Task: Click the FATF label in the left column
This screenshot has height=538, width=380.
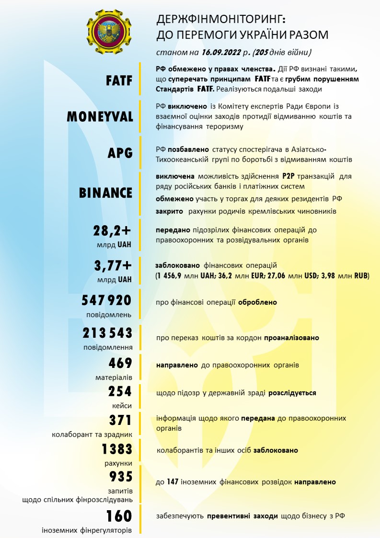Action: pyautogui.click(x=119, y=80)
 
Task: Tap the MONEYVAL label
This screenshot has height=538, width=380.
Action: pyautogui.click(x=100, y=116)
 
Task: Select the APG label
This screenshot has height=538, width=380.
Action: pyautogui.click(x=120, y=152)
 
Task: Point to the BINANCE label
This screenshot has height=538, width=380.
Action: pyautogui.click(x=105, y=193)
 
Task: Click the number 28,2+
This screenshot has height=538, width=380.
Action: pyautogui.click(x=112, y=231)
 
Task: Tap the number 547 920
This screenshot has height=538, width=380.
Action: pyautogui.click(x=106, y=300)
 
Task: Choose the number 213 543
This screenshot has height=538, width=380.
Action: pyautogui.click(x=107, y=333)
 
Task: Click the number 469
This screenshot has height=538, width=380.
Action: pyautogui.click(x=120, y=364)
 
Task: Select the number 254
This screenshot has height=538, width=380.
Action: pyautogui.click(x=120, y=391)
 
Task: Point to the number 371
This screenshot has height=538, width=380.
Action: pyautogui.click(x=120, y=420)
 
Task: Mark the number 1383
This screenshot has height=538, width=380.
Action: pyautogui.click(x=116, y=449)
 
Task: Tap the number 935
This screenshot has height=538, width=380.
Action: pyautogui.click(x=120, y=477)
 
